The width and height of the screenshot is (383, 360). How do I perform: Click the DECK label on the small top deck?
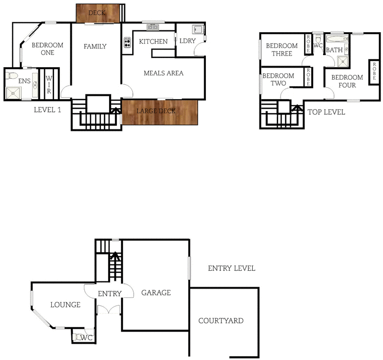pyautogui.click(x=98, y=13)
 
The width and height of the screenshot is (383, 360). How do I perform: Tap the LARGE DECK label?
pyautogui.click(x=156, y=111)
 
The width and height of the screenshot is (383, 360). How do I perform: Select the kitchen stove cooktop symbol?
pyautogui.click(x=127, y=43)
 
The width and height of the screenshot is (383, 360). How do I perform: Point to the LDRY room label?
pyautogui.click(x=187, y=41)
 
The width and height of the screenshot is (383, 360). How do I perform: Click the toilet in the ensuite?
pyautogui.click(x=12, y=76)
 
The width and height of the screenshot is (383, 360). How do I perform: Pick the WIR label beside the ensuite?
pyautogui.click(x=49, y=84)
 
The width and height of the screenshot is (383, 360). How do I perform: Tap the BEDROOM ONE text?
pyautogui.click(x=47, y=49)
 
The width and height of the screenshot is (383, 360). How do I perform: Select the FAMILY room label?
pyautogui.click(x=95, y=46)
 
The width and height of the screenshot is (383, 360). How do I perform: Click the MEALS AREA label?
pyautogui.click(x=164, y=73)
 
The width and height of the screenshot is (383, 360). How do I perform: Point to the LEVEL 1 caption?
pyautogui.click(x=47, y=110)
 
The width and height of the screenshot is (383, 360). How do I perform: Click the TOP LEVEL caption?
pyautogui.click(x=326, y=112)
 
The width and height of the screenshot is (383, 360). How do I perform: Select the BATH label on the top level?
pyautogui.click(x=334, y=50)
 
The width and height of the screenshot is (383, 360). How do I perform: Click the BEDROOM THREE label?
pyautogui.click(x=282, y=50)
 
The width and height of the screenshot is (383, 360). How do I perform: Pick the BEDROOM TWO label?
pyautogui.click(x=278, y=80)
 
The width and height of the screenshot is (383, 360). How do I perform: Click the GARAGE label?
pyautogui.click(x=156, y=292)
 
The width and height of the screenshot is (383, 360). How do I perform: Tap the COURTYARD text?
pyautogui.click(x=221, y=321)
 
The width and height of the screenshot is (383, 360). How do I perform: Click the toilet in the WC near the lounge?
pyautogui.click(x=77, y=337)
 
